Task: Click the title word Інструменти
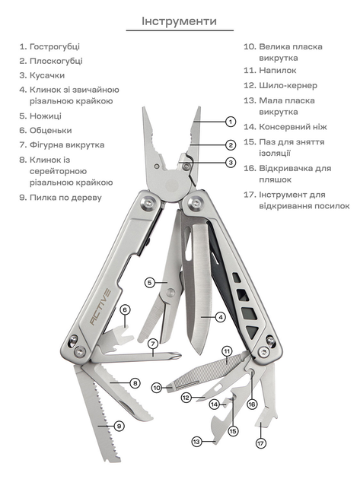pyautogui.click(x=179, y=21)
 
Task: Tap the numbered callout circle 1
pyautogui.click(x=231, y=122)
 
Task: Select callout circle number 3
pyautogui.click(x=231, y=162)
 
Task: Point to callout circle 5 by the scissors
pyautogui.click(x=150, y=283)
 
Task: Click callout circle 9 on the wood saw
pyautogui.click(x=119, y=426)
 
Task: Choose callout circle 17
pyautogui.click(x=260, y=443)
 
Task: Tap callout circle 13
pyautogui.click(x=196, y=442)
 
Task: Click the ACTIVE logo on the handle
pyautogui.click(x=100, y=306)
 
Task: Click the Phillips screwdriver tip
pyautogui.click(x=177, y=356)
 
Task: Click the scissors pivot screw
pyautogui.click(x=170, y=293)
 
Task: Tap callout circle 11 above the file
pyautogui.click(x=227, y=351)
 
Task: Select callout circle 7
pyautogui.click(x=153, y=344)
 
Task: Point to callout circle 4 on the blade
pyautogui.click(x=220, y=317)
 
